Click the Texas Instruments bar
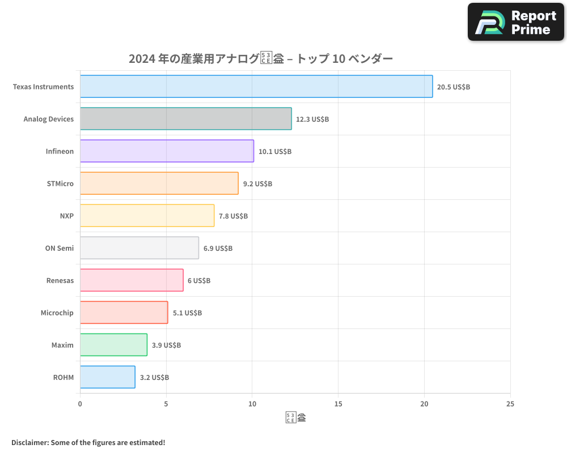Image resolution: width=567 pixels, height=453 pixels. click(x=256, y=87)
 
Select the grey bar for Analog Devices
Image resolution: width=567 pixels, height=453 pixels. click(x=186, y=119)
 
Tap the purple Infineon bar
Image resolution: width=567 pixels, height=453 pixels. click(x=167, y=151)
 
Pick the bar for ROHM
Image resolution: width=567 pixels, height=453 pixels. click(x=108, y=377)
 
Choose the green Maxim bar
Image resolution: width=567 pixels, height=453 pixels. click(x=113, y=345)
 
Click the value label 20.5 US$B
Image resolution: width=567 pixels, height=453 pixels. click(x=454, y=87)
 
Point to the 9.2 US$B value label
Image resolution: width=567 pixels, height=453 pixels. click(x=257, y=184)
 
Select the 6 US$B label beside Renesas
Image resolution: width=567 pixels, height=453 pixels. click(x=199, y=281)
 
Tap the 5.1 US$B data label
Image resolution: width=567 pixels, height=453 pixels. click(x=187, y=313)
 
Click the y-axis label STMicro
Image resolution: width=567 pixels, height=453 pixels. click(x=60, y=183)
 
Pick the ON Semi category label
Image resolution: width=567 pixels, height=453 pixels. click(x=60, y=248)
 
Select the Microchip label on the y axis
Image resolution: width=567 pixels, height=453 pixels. click(x=57, y=313)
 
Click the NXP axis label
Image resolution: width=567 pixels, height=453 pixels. click(x=66, y=216)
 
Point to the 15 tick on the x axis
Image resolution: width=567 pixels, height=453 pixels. click(x=338, y=404)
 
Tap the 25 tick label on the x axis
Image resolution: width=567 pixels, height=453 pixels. click(x=510, y=404)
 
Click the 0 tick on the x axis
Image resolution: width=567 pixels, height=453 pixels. click(x=80, y=404)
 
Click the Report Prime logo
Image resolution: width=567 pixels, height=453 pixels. click(x=515, y=22)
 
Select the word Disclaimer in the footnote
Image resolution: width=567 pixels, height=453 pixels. click(x=29, y=442)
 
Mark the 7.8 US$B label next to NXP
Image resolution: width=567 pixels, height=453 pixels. click(x=233, y=216)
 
